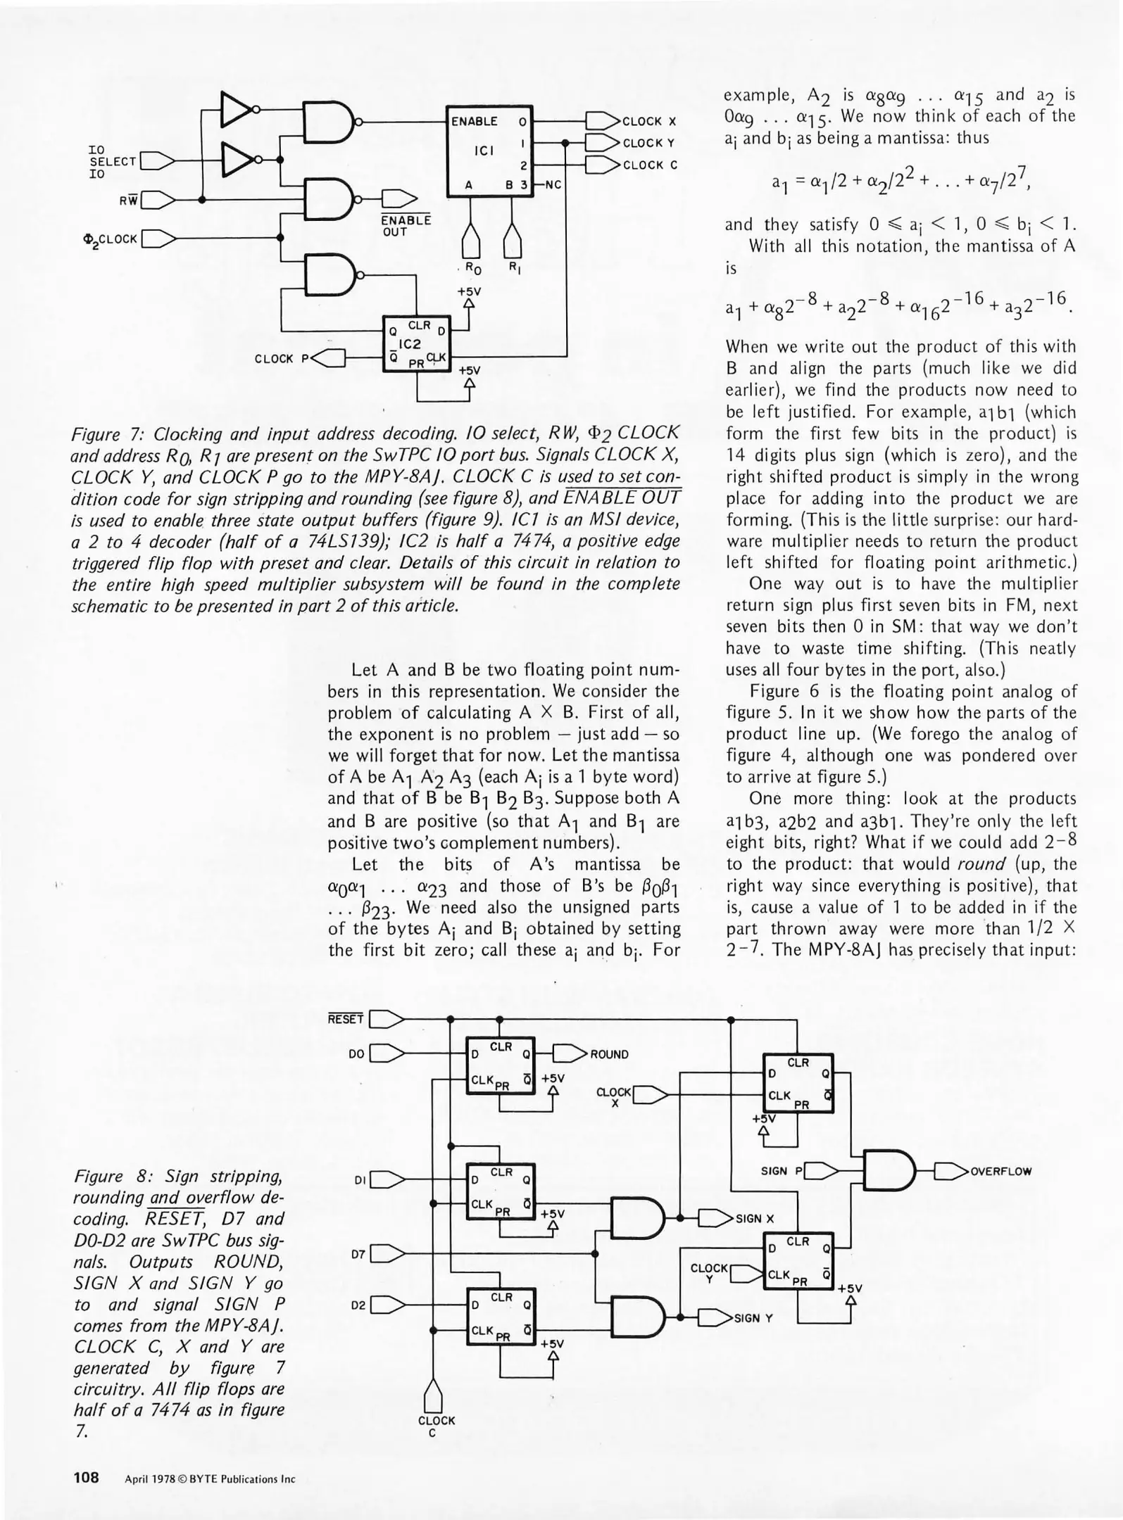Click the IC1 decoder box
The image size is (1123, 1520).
point(490,151)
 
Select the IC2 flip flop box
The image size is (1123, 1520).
point(416,346)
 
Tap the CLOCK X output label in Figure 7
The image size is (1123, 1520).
point(649,121)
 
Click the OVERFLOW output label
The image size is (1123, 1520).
point(1000,1172)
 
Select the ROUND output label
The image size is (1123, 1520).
point(609,1054)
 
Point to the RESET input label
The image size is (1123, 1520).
point(346,1019)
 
